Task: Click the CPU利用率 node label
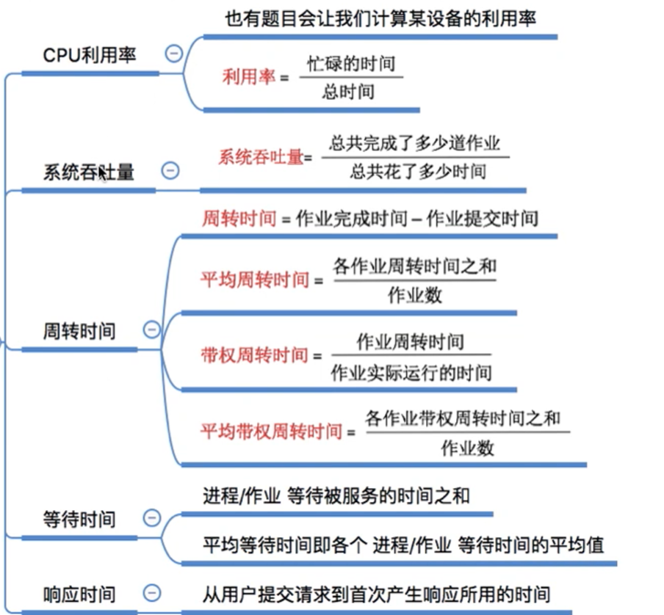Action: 90,55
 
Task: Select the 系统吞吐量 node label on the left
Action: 88,172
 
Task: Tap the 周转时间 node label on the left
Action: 79,331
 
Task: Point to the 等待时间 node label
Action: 79,520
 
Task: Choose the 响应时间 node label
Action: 79,594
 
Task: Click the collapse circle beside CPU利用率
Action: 174,54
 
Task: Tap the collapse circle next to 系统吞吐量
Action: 170,171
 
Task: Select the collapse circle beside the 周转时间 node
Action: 151,330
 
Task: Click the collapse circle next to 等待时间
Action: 151,518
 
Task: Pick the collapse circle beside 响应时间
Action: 151,592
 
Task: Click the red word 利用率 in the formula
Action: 248,76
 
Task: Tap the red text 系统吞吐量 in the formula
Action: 261,156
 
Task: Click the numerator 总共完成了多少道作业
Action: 415,143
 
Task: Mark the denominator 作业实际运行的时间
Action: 411,373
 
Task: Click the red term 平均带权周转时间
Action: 271,431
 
